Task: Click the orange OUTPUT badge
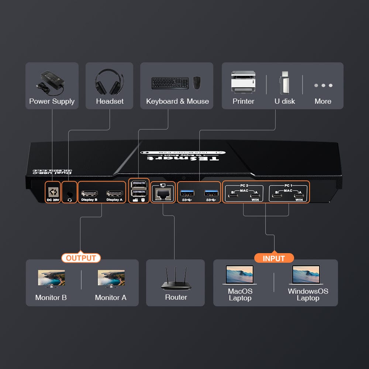point(81,258)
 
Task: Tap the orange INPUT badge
point(274,258)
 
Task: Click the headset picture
point(109,82)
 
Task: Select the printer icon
point(243,82)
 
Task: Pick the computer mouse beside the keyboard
point(197,83)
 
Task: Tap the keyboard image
point(170,83)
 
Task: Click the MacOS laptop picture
point(240,275)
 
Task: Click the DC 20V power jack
point(52,192)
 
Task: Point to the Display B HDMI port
point(89,193)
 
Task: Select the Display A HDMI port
point(114,193)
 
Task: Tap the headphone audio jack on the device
point(69,193)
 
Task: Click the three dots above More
point(323,85)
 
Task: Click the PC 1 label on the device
point(289,185)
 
